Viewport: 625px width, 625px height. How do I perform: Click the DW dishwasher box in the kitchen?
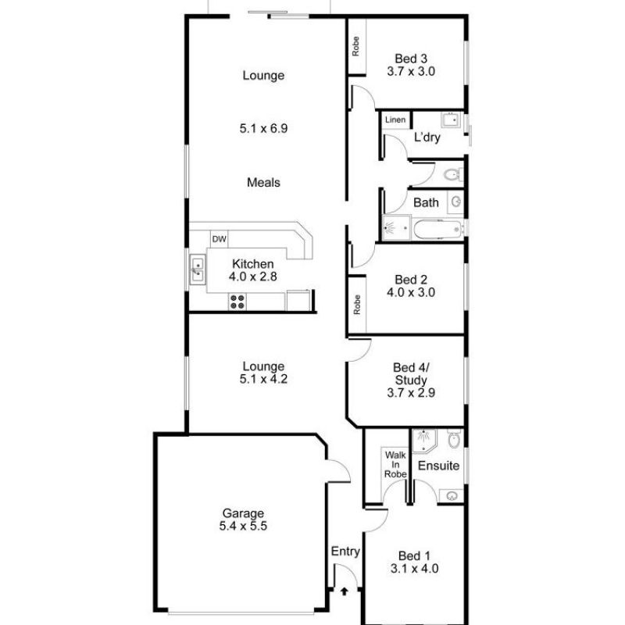(220, 239)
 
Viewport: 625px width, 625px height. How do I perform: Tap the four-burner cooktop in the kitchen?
(237, 302)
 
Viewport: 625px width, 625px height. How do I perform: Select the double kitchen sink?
(198, 270)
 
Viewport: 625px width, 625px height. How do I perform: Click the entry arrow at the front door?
(344, 591)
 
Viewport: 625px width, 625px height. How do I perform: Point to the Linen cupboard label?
(395, 120)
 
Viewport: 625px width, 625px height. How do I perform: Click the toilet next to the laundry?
(453, 174)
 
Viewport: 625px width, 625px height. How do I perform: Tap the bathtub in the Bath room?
(438, 229)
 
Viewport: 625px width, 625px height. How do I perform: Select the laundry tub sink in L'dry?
(451, 120)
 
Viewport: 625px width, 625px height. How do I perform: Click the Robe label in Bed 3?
(355, 46)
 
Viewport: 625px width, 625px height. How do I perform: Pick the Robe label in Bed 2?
(357, 305)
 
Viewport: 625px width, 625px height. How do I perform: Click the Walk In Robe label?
(395, 464)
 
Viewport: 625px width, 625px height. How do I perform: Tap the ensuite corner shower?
(423, 441)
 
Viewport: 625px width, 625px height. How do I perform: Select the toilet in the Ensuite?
(454, 438)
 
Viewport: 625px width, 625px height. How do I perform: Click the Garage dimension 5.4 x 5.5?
(243, 526)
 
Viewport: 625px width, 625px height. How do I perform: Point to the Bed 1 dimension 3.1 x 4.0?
(415, 568)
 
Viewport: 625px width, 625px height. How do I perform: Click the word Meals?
(263, 183)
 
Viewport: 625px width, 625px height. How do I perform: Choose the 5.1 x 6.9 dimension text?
(263, 128)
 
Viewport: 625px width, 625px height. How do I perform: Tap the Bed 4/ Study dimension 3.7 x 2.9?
(411, 393)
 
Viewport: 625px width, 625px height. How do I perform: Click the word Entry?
(345, 552)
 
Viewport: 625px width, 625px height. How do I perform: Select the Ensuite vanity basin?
(452, 496)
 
